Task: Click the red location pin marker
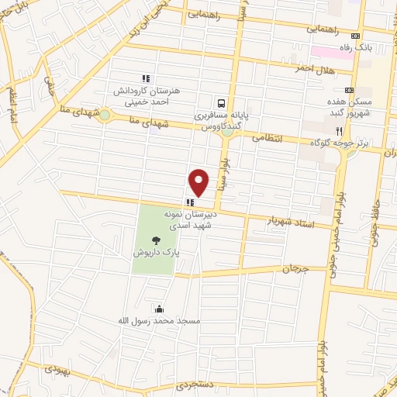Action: pos(199,181)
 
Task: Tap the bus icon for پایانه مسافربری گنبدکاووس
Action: pos(223,102)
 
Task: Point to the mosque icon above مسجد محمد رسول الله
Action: pos(160,307)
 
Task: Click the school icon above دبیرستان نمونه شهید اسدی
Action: pos(191,202)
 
